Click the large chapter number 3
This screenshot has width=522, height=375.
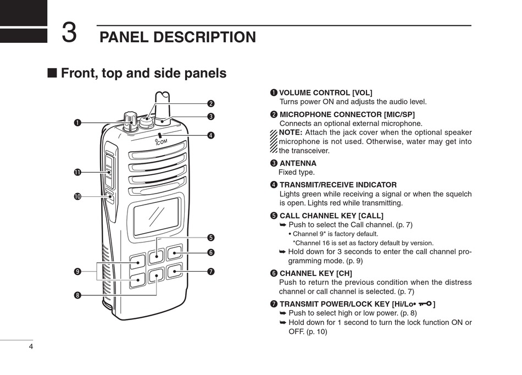click(x=69, y=32)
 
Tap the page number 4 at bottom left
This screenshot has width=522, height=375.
click(x=31, y=346)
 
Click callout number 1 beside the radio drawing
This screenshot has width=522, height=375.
click(x=77, y=123)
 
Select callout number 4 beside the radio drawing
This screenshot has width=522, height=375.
click(x=211, y=135)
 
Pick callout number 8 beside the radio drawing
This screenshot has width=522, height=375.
click(x=77, y=295)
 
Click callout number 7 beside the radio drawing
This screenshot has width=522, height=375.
click(x=211, y=272)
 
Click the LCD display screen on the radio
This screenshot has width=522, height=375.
click(x=156, y=214)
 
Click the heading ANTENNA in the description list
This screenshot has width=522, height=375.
click(x=298, y=163)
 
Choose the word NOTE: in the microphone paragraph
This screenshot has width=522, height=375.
click(x=290, y=133)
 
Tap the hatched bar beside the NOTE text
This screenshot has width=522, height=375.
click(x=274, y=141)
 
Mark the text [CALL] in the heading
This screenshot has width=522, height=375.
click(x=370, y=216)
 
